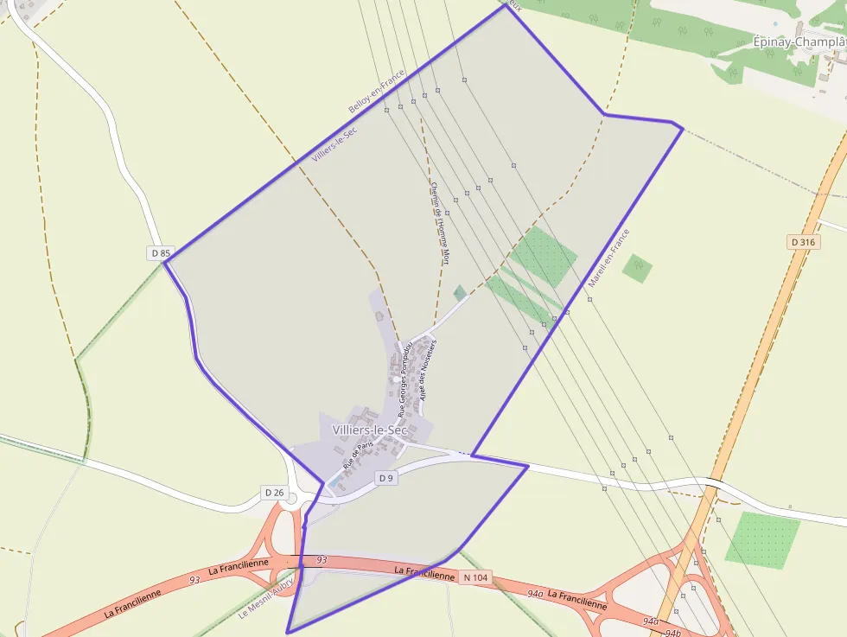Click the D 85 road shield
pos(161,253)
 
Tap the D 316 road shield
pos(804,243)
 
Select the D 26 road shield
pos(274,493)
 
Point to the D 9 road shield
pos(385,478)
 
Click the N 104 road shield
pos(474,576)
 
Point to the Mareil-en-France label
pos(608,258)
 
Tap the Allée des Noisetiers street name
pos(427,369)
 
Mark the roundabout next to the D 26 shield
pos(292,499)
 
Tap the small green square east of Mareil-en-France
pos(637,268)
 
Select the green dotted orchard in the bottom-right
pos(761,538)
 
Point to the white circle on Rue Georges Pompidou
pos(397,379)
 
